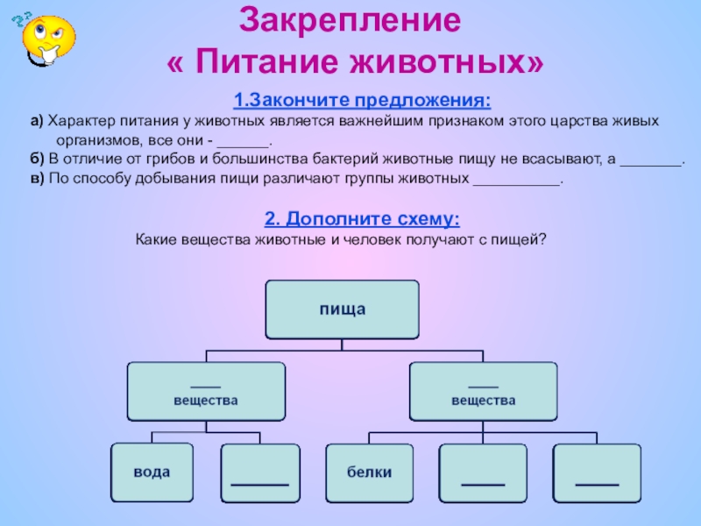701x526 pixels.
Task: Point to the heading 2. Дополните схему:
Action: coord(361,218)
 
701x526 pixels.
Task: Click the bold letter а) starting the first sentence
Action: coord(35,119)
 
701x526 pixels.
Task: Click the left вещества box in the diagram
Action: coord(207,392)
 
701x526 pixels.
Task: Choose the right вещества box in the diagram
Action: coord(483,392)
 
